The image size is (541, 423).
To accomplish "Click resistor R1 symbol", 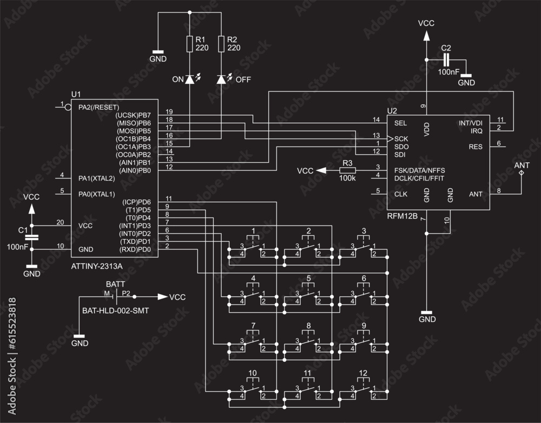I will (x=190, y=44).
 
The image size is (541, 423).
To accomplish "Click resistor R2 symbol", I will (x=221, y=44).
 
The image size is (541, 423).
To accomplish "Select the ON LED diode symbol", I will (x=189, y=80).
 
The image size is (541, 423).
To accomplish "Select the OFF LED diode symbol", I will (x=221, y=80).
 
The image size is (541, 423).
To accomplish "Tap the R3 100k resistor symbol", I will (x=347, y=170).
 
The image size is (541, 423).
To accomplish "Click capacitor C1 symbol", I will (x=32, y=237).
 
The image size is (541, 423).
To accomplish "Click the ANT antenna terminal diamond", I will (x=522, y=173).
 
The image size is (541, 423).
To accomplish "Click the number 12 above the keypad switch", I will (x=364, y=373).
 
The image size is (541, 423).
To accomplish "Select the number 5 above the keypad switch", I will (x=308, y=279).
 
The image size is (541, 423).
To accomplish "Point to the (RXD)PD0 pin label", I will (x=135, y=249).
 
